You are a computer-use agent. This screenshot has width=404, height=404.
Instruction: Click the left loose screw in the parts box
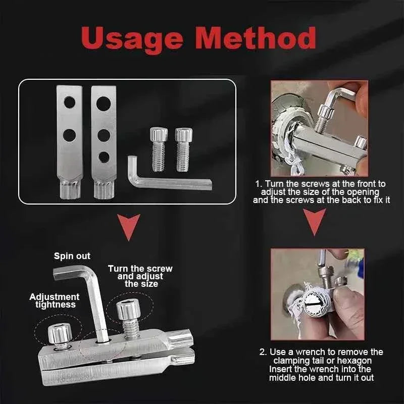tap(158, 149)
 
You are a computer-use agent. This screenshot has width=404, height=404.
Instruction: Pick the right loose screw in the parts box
tap(182, 149)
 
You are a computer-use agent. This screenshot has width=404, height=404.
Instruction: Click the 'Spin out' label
tap(72, 256)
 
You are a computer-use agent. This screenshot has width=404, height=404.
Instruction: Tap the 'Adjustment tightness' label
tap(54, 300)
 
